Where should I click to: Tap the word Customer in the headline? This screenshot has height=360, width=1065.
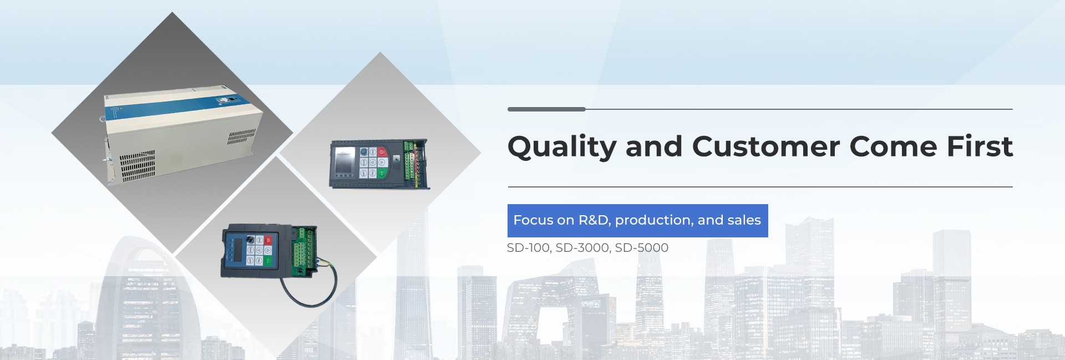pos(765,146)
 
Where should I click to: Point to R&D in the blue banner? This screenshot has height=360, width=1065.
pos(594,220)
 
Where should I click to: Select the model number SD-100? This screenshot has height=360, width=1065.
pos(528,248)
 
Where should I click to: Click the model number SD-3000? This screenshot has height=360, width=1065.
pos(582,248)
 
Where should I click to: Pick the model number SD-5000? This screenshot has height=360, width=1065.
pos(642,248)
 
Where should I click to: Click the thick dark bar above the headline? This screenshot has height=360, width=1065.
pos(546,109)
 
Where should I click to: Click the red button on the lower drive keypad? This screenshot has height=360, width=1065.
pos(268,240)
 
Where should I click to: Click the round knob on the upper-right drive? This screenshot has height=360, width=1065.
pos(363,152)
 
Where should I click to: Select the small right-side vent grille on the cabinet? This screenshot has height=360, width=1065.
pos(241,136)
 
